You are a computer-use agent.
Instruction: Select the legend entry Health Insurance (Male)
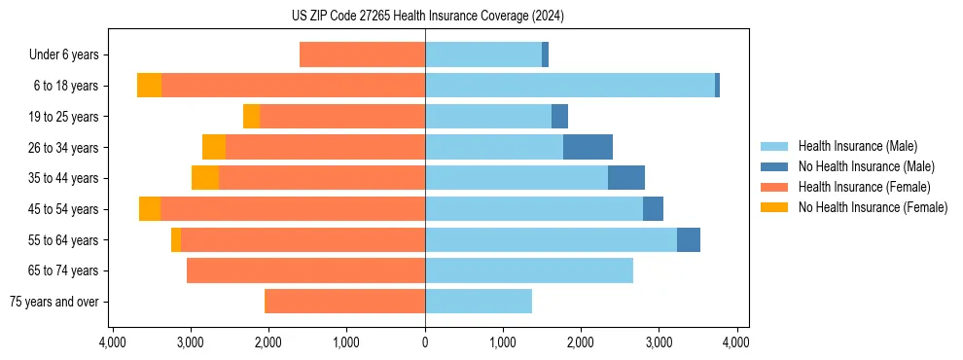857,147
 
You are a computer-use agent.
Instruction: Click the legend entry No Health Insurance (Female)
873,207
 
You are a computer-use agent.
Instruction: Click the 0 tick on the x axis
425,343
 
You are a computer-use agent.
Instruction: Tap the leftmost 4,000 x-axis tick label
113,343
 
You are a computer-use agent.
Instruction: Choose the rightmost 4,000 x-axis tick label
736,343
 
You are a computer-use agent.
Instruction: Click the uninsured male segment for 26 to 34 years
588,147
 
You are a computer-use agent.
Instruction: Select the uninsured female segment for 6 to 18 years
149,86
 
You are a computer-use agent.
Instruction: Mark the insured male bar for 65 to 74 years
529,270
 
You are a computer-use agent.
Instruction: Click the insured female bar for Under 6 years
362,54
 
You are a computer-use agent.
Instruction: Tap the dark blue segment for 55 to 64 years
689,239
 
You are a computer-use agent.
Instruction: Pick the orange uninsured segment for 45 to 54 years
150,209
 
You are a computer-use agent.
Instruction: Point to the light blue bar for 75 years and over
479,302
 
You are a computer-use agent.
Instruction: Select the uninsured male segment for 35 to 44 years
626,178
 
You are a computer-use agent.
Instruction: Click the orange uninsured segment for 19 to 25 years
251,117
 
